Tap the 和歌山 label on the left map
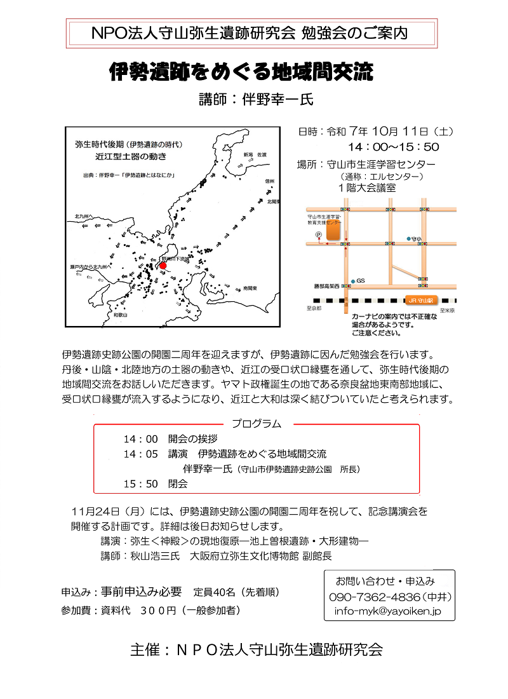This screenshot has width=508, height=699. click(x=120, y=315)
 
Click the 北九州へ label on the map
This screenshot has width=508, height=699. click(x=84, y=216)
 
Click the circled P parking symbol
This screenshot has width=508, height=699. click(x=319, y=234)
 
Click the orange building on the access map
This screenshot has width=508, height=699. click(x=333, y=231)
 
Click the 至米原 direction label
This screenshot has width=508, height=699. click(x=445, y=309)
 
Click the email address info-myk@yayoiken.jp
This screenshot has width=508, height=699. click(x=387, y=612)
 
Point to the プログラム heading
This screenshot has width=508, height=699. click(x=256, y=423)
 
